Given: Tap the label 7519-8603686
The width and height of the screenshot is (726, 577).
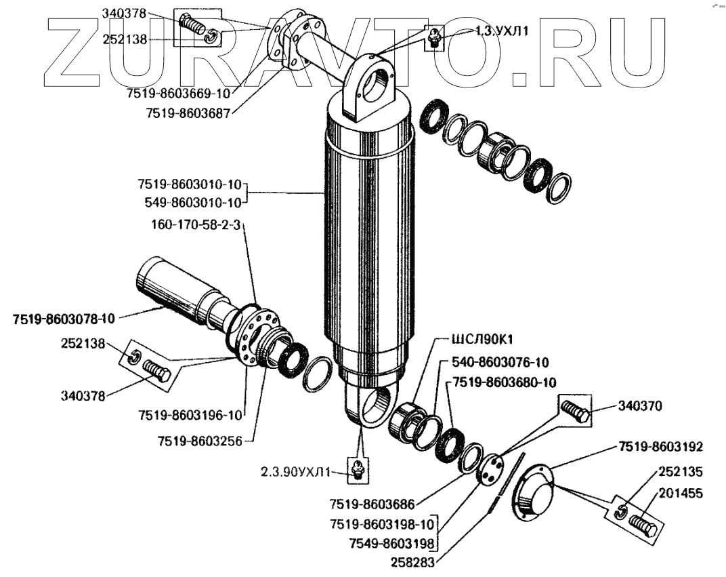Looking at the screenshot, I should coord(371,504).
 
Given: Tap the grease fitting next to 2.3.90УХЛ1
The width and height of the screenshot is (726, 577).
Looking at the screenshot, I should coord(357,469).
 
